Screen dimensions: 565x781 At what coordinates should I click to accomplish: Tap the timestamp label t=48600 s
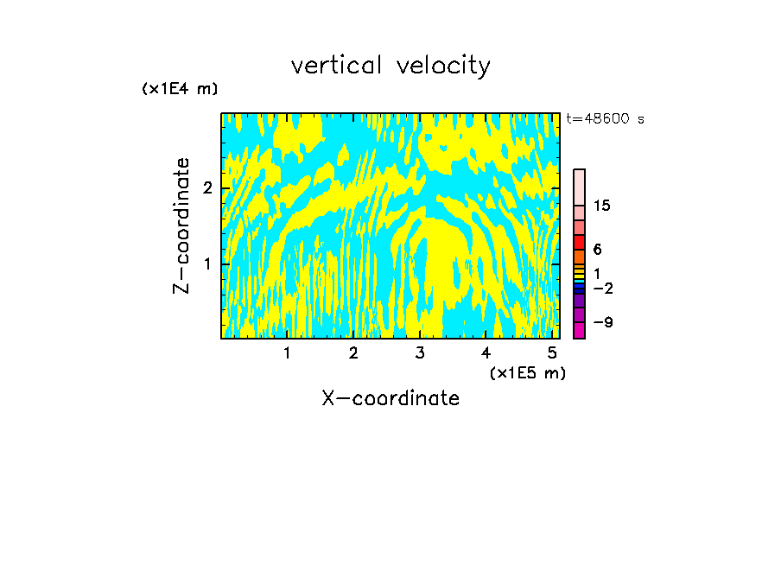605,119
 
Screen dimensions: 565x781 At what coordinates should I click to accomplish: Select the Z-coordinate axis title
181,225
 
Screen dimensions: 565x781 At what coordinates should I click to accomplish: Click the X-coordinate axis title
390,398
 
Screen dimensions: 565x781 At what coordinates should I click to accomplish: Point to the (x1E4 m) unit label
180,89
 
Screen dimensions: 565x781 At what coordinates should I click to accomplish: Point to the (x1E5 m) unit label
527,372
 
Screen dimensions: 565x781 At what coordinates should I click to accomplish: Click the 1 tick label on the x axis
288,353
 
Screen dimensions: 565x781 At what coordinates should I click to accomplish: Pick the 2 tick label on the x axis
353,353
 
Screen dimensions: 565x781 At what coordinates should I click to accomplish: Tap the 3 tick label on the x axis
420,353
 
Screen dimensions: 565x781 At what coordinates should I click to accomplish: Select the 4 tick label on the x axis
486,353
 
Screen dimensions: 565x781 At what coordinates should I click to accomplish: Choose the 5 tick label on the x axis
553,353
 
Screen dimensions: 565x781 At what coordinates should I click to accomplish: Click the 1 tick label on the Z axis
207,263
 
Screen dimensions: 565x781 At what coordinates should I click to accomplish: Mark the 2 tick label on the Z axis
207,188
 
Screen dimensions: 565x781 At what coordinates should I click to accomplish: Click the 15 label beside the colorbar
602,206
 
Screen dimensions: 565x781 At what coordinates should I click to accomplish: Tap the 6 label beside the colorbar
597,249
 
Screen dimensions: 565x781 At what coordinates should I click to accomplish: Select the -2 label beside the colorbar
603,288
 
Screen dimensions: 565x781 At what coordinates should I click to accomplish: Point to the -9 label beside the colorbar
603,322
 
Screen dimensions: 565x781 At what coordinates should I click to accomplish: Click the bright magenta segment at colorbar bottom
579,329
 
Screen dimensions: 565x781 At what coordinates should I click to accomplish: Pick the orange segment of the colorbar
579,257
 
